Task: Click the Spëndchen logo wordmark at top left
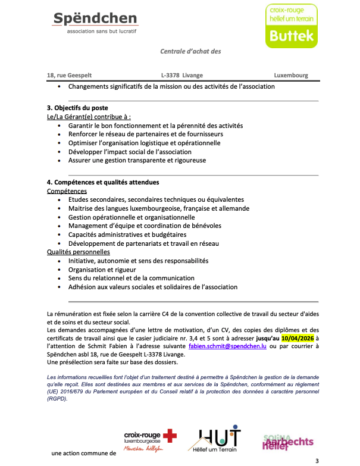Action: point(95,20)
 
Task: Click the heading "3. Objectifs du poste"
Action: point(77,108)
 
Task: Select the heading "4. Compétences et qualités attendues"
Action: point(103,182)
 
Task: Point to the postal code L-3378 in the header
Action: point(170,76)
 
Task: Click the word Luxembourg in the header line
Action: point(291,76)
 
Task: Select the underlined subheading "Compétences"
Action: point(67,191)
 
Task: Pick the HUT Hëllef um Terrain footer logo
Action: point(220,439)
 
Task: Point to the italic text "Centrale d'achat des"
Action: point(190,51)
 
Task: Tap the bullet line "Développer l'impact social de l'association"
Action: point(142,152)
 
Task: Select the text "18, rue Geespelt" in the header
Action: point(69,76)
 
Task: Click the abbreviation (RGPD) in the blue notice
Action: point(58,400)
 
